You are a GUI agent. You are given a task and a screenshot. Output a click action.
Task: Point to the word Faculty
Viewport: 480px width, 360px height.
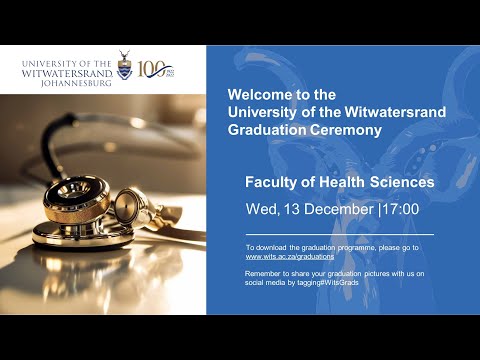tap(271, 183)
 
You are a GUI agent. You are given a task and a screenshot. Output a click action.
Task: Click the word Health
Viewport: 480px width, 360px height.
tap(342, 183)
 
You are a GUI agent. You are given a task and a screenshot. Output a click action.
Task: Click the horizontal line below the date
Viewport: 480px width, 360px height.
tap(325, 233)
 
